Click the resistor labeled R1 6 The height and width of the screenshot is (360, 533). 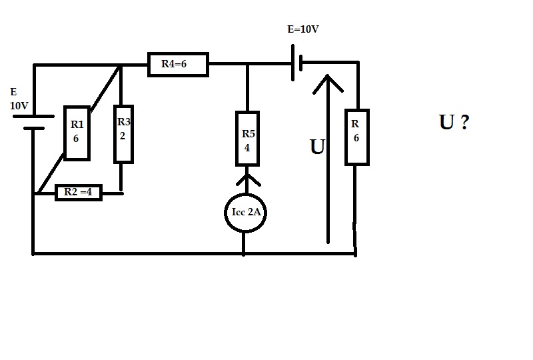click(77, 133)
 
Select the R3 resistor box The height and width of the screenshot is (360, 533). click(123, 133)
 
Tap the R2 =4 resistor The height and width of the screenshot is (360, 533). click(79, 192)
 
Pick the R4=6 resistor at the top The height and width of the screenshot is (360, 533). click(177, 65)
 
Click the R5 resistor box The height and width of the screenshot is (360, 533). click(247, 138)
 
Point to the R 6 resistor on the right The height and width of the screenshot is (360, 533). click(356, 137)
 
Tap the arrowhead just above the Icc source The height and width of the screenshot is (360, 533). click(247, 179)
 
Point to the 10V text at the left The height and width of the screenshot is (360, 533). click(19, 106)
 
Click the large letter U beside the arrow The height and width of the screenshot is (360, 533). click(317, 147)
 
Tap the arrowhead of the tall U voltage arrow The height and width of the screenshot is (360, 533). click(327, 83)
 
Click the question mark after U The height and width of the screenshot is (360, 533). click(463, 123)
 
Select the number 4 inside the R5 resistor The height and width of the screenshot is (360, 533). click(247, 148)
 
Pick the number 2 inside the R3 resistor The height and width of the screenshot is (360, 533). click(123, 133)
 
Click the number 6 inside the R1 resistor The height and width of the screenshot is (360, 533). click(77, 139)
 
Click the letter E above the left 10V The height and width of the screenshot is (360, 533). click(13, 93)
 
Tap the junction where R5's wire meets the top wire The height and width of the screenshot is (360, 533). click(247, 65)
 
